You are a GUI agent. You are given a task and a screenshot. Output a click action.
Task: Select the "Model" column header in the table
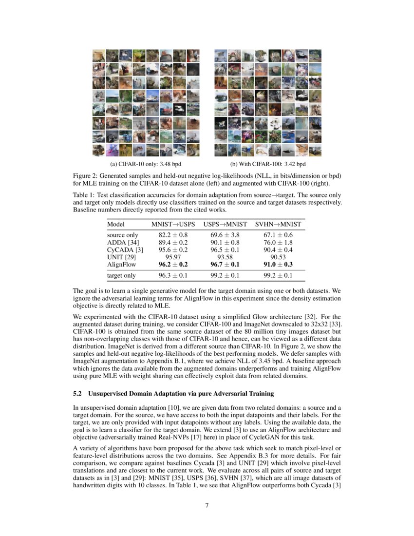tap(116, 224)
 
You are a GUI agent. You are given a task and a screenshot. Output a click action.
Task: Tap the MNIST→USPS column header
tap(169, 224)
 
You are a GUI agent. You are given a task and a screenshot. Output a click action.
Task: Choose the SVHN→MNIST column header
tap(278, 224)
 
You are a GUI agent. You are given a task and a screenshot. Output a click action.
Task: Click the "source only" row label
tap(122, 235)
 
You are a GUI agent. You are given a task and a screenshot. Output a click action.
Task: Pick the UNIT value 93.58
tap(224, 257)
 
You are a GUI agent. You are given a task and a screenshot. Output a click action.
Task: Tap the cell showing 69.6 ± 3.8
tap(224, 235)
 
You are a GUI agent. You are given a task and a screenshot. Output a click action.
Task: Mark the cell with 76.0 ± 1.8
tap(278, 242)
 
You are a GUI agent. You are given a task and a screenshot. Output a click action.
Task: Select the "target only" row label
tap(121, 275)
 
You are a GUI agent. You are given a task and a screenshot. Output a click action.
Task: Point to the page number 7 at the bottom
tap(207, 505)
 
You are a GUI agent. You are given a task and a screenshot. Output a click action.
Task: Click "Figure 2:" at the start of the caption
tap(86, 175)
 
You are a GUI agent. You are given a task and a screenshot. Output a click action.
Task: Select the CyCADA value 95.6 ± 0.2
tap(169, 249)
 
